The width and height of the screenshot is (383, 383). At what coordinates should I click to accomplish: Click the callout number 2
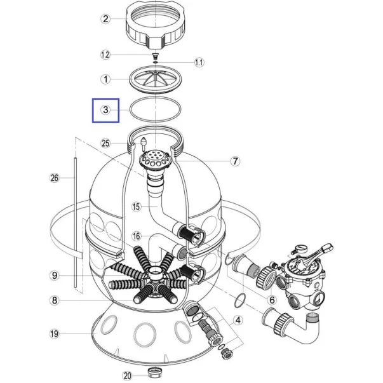pyautogui.click(x=105, y=19)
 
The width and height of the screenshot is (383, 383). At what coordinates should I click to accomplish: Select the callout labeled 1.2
pyautogui.click(x=105, y=55)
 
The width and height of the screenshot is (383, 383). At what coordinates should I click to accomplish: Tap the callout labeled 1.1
pyautogui.click(x=199, y=62)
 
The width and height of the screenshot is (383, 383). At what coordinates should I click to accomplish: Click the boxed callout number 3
pyautogui.click(x=105, y=110)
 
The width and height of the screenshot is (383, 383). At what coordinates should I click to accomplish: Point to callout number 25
pyautogui.click(x=105, y=143)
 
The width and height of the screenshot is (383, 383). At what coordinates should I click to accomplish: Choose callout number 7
pyautogui.click(x=235, y=161)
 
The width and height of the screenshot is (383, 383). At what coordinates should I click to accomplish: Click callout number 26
pyautogui.click(x=55, y=178)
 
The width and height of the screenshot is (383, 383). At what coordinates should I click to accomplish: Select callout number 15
pyautogui.click(x=137, y=206)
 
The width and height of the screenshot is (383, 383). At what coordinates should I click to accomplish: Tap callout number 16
pyautogui.click(x=137, y=236)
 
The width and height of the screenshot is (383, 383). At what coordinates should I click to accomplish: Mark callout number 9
pyautogui.click(x=55, y=276)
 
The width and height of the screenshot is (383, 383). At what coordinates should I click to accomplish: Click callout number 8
pyautogui.click(x=55, y=300)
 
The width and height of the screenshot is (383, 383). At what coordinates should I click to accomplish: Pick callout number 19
pyautogui.click(x=55, y=333)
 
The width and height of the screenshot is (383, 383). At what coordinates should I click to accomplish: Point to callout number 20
pyautogui.click(x=127, y=375)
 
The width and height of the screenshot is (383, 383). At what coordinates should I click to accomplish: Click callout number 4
pyautogui.click(x=238, y=320)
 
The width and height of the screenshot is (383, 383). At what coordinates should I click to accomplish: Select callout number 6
pyautogui.click(x=272, y=300)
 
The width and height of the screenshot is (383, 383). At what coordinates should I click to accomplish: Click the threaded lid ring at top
pyautogui.click(x=156, y=24)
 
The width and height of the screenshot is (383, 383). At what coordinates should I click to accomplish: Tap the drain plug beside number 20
pyautogui.click(x=156, y=373)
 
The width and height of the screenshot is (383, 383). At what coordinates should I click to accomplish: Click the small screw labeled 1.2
pyautogui.click(x=155, y=56)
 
